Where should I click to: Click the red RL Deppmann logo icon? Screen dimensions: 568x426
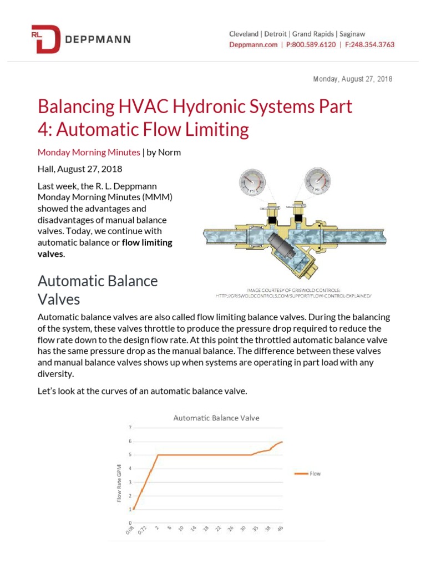45,39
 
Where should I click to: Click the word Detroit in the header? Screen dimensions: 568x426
279,34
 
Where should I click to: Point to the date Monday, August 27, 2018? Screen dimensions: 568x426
353,79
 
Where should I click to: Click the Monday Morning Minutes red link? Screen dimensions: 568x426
89,152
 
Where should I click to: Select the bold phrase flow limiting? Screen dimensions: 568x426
147,242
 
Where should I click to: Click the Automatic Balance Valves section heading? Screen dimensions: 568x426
98,290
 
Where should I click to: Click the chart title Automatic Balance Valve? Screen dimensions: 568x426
216,418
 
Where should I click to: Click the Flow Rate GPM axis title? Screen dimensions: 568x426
119,483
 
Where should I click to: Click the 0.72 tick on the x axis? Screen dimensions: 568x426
143,531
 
